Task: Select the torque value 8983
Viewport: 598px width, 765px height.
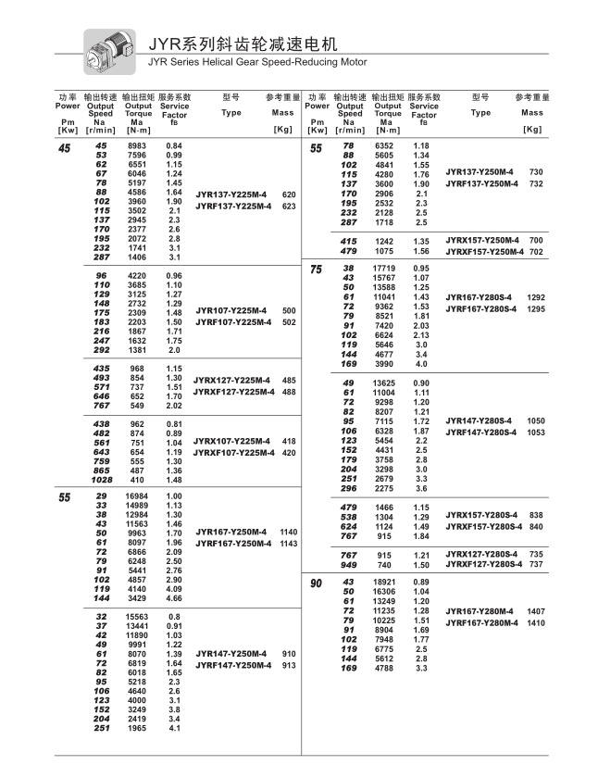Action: (137, 147)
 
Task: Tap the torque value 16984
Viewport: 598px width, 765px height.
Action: (136, 496)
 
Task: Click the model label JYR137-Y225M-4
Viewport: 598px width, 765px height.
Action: (231, 194)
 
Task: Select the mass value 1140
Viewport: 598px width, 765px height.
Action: (288, 532)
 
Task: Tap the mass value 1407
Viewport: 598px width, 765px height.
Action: (536, 612)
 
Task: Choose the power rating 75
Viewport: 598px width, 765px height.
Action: (316, 270)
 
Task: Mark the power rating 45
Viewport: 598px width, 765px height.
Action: (64, 148)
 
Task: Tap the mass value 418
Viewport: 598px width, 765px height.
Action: (289, 442)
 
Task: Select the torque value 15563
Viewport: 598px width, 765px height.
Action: (136, 617)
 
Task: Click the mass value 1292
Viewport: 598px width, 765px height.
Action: (536, 297)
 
